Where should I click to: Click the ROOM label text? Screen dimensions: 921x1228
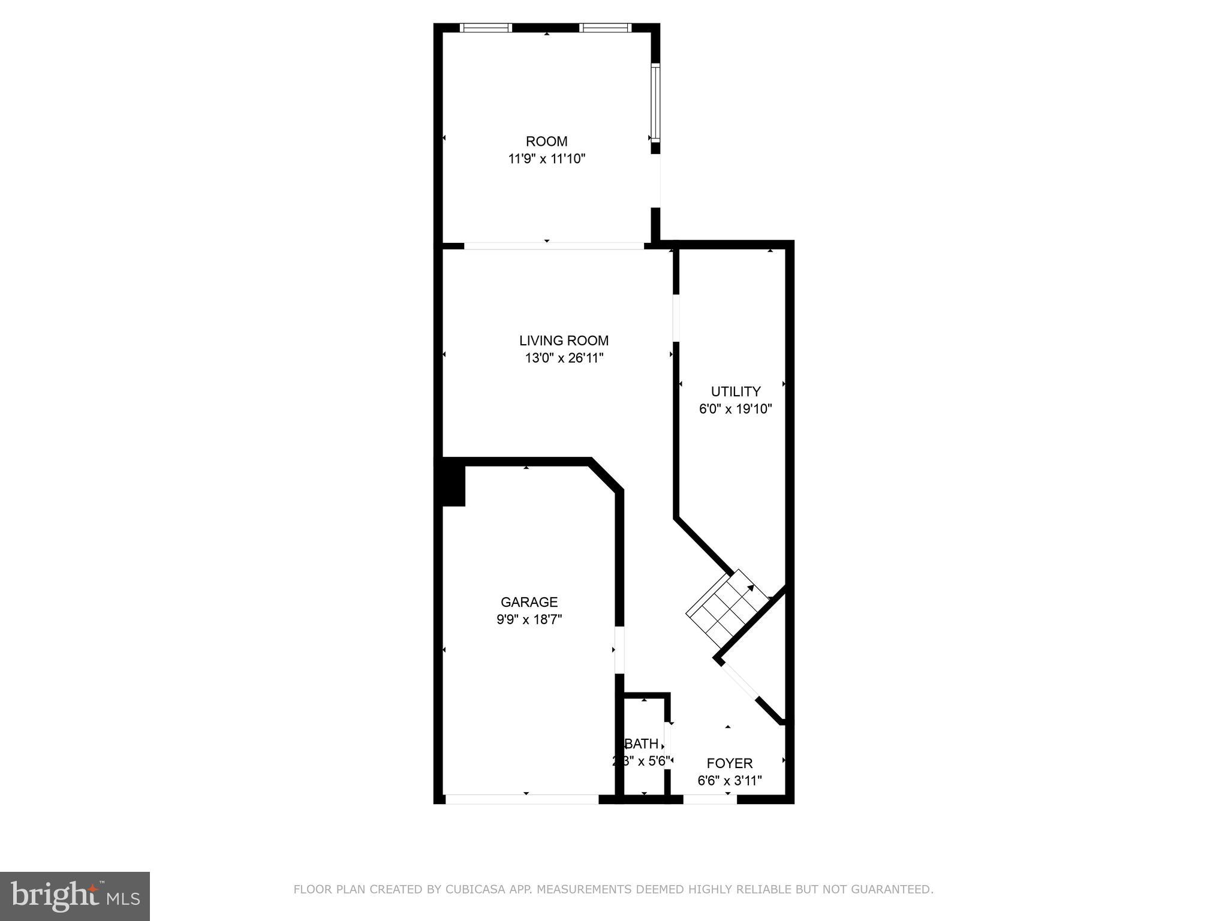coord(546,142)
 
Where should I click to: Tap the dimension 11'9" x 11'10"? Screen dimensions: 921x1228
coord(546,159)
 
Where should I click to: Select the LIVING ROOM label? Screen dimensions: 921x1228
coord(564,341)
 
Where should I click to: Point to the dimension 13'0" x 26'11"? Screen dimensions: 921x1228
coord(564,359)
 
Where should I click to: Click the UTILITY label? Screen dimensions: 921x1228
coord(735,392)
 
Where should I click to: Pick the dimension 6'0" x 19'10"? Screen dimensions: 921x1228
coord(735,410)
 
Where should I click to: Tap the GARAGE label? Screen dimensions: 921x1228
coord(529,602)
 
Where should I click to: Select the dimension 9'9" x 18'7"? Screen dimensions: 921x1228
coord(529,619)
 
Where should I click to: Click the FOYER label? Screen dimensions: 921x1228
coord(729,763)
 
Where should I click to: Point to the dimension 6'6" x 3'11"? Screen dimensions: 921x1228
coord(729,781)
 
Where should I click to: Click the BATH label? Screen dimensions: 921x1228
coord(642,744)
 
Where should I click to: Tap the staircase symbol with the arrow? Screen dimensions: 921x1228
coord(727,611)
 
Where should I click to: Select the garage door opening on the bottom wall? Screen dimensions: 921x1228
coord(522,799)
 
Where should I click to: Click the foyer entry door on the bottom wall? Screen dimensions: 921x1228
coord(709,799)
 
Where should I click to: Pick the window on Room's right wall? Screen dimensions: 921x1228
coord(655,103)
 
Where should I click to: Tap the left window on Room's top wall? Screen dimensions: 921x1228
coord(486,28)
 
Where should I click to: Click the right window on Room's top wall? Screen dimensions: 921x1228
coord(605,28)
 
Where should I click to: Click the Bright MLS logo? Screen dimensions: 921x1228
coord(75,896)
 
